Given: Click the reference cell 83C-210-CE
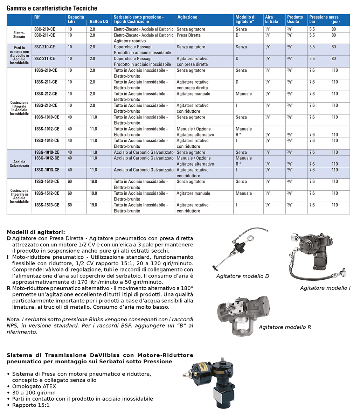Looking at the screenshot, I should click(44, 29).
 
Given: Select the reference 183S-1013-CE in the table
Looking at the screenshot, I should click(47, 141).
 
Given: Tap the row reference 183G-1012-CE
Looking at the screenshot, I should click(47, 158).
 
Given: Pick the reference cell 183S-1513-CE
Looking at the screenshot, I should click(47, 205).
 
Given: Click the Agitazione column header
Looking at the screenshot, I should click(187, 17).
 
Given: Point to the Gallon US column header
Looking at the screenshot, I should click(99, 22).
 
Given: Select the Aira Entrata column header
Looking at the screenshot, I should click(272, 19).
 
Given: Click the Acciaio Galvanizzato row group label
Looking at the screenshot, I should click(19, 164).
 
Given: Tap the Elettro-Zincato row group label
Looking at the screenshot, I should click(19, 35).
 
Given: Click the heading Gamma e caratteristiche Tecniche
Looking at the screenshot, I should click(52, 8).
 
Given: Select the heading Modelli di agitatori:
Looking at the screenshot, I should click(36, 232).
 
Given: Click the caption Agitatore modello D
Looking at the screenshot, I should click(243, 276).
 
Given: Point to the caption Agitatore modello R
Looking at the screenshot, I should click(285, 327).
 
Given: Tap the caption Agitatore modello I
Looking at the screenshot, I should click(325, 288).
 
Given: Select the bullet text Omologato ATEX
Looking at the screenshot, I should click(34, 386).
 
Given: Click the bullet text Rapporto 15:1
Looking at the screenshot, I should click(31, 405).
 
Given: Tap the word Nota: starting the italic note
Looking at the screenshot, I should click(13, 320).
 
